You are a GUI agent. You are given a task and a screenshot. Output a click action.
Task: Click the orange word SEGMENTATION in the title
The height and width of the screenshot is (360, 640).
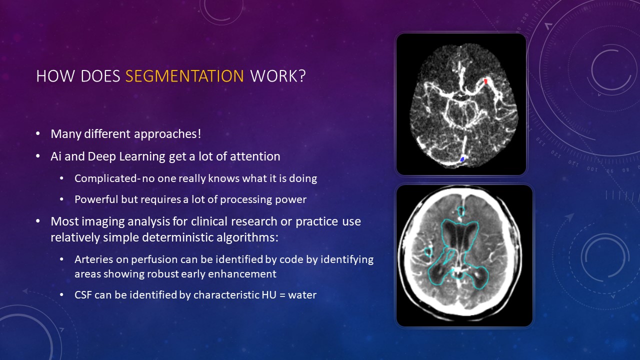pos(184,76)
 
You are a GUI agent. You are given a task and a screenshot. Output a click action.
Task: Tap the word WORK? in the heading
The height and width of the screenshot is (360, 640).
pos(278,76)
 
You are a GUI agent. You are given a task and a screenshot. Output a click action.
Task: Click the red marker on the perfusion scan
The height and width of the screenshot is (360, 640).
pos(485,81)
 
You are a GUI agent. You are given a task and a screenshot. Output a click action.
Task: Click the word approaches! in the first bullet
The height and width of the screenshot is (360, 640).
pos(167,134)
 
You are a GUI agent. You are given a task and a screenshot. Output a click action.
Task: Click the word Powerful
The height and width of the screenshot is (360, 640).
pos(96,199)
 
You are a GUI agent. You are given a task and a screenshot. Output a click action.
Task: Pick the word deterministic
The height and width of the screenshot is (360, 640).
pos(177,237)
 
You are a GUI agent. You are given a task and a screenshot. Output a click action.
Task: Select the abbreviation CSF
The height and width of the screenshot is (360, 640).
pos(83,295)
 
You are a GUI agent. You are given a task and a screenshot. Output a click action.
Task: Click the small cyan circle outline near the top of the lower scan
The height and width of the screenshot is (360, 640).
pos(461,211)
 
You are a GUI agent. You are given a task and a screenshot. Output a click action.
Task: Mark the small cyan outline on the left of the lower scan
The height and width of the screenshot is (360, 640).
pos(428,251)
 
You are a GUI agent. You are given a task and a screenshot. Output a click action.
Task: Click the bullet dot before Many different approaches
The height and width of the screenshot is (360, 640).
pos(38,134)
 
